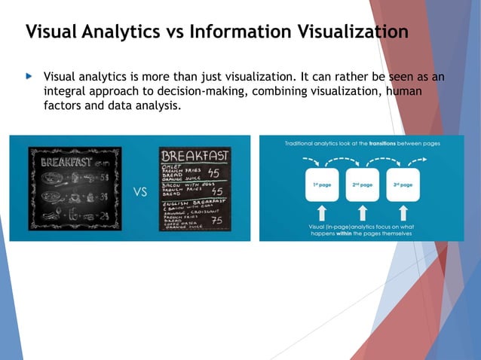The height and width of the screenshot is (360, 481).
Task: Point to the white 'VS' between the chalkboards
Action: [140, 191]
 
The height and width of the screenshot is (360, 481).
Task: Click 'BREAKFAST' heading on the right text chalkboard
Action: [195, 157]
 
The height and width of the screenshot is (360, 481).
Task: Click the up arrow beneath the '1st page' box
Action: [322, 212]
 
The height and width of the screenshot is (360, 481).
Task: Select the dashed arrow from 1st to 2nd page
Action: [342, 160]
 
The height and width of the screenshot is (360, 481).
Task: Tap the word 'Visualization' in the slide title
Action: [348, 32]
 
